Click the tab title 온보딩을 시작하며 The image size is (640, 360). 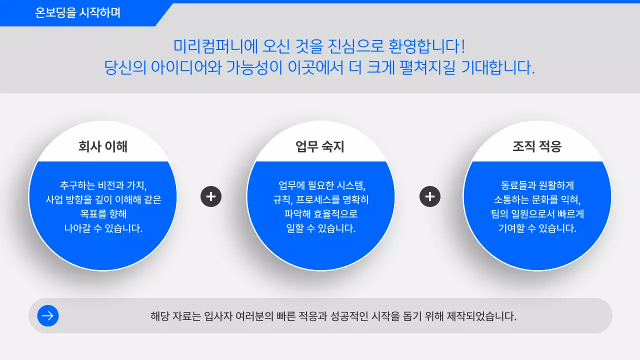click(x=78, y=13)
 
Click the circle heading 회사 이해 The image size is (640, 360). click(x=103, y=146)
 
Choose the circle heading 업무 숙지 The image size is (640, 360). click(x=320, y=146)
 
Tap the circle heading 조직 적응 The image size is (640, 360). click(x=537, y=146)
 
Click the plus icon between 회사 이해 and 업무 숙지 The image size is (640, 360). click(x=211, y=196)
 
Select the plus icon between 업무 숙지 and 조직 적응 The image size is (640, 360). click(x=429, y=196)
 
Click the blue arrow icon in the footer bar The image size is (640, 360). click(x=48, y=315)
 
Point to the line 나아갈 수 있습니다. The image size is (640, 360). click(x=103, y=228)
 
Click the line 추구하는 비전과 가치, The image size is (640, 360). click(x=103, y=185)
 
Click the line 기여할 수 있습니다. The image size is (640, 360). click(x=537, y=228)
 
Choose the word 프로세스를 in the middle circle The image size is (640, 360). click(x=318, y=199)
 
